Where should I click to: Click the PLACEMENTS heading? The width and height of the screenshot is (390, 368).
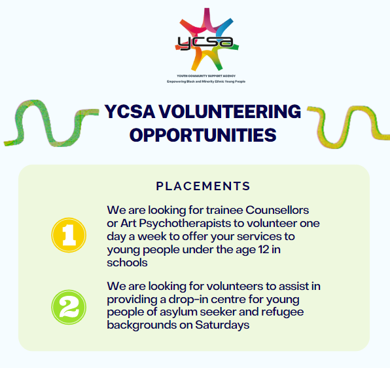click(203, 186)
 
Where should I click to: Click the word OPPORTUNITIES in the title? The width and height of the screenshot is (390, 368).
click(203, 135)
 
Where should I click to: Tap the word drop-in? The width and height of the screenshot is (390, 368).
click(185, 299)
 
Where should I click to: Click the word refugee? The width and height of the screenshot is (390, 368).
click(283, 312)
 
